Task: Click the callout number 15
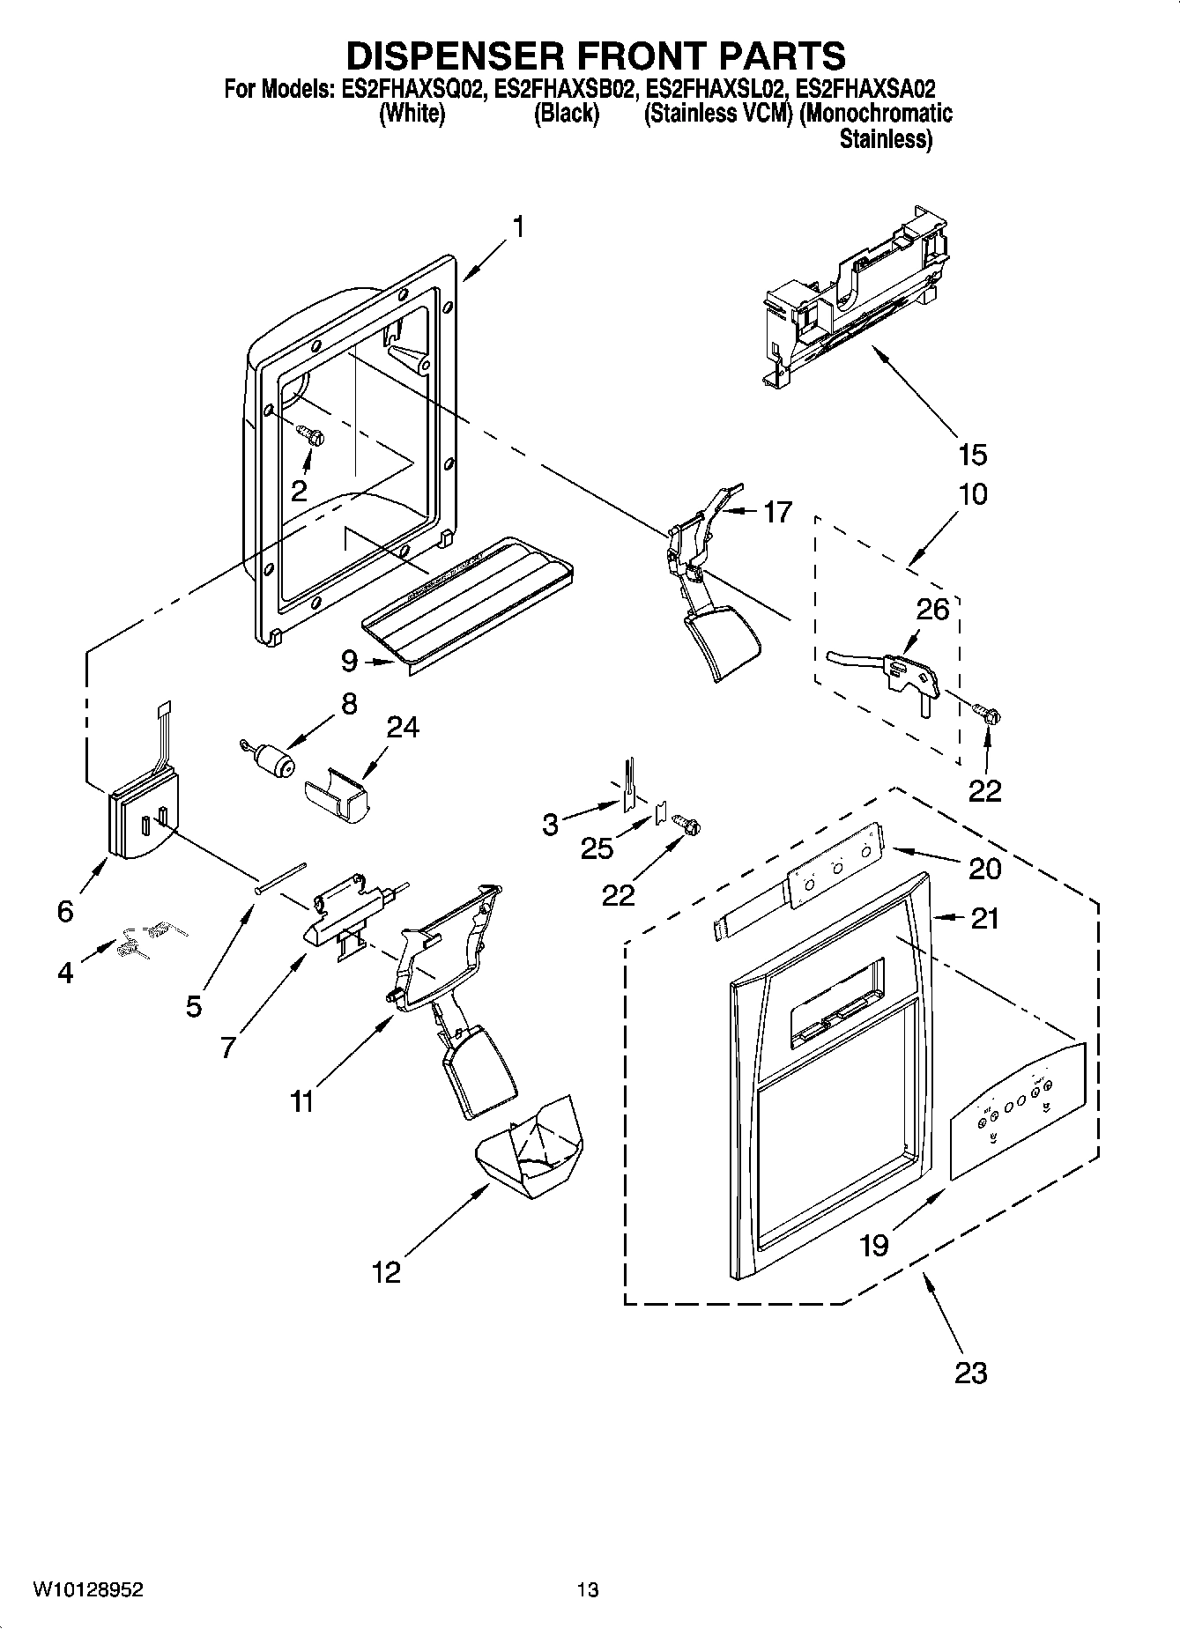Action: [x=972, y=455]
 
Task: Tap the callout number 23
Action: [x=970, y=1373]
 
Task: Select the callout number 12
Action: [x=386, y=1271]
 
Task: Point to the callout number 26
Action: [x=933, y=609]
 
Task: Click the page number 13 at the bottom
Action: [x=588, y=1589]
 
